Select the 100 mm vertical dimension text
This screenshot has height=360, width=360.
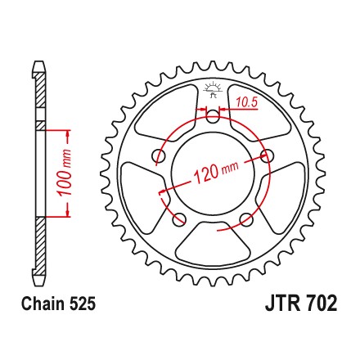[65, 173]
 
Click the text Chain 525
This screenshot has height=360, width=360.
[59, 304]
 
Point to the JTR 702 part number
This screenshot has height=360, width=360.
[301, 303]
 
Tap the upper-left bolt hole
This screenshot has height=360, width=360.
[159, 156]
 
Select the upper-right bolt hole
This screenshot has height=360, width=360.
[267, 155]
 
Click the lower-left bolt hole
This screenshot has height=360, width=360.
[179, 219]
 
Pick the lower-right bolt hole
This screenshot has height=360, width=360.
[246, 219]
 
